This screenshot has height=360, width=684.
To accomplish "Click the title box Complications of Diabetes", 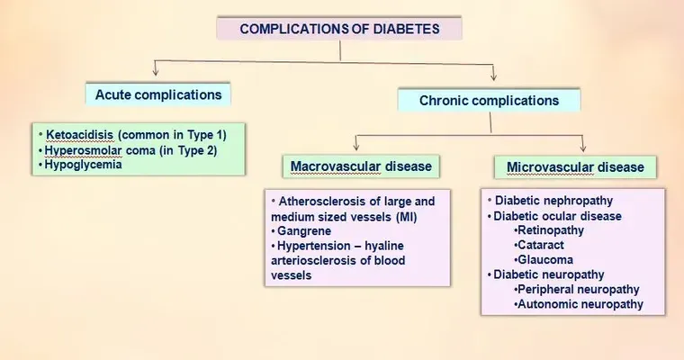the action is [339, 29].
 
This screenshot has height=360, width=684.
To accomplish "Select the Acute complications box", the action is [157, 94].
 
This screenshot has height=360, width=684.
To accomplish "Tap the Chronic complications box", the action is [489, 100].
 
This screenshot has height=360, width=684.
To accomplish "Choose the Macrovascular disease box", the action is [361, 166].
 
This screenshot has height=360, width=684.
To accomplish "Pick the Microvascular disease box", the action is [575, 167].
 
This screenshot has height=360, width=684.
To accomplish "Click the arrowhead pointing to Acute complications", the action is [156, 71].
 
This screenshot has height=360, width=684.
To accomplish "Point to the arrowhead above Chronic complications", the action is [493, 76].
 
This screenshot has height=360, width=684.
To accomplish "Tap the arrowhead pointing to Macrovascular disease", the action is [356, 146].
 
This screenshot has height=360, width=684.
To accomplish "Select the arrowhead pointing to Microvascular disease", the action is [583, 147].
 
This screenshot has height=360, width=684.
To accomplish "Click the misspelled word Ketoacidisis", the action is [79, 135].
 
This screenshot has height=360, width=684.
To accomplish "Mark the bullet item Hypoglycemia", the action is [83, 165].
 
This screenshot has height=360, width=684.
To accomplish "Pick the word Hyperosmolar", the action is [83, 150].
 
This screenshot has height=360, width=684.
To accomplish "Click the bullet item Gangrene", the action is [304, 230].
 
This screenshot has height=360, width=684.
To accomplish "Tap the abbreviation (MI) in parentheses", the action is [406, 217].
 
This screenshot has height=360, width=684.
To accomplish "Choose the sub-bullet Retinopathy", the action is [551, 230].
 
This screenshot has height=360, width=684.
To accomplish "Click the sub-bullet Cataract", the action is [541, 245].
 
